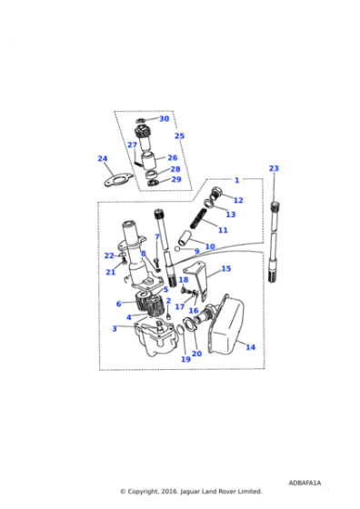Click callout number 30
pos(164,119)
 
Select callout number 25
pos(179,136)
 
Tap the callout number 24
pos(103,158)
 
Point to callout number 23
pos(274,168)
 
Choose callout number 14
pos(251,347)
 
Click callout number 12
pos(238,200)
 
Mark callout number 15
pos(225,269)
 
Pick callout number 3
pos(114,328)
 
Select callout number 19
pos(185,360)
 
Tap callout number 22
pos(108,255)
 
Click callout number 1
pos(236,180)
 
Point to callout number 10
pos(209,246)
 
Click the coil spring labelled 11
pos(201,221)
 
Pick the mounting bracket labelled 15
pos(197,277)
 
